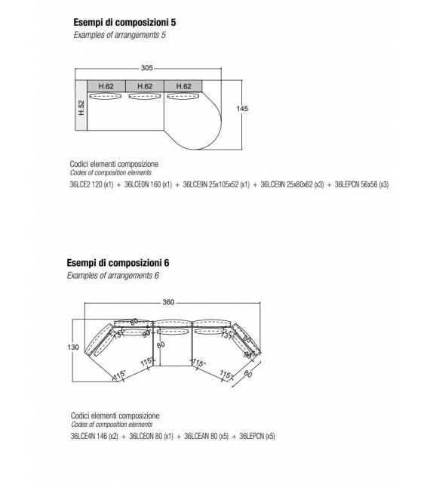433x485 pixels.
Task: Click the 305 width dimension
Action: (146, 67)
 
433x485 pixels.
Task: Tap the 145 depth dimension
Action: (241, 109)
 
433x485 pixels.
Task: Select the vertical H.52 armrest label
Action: (81, 109)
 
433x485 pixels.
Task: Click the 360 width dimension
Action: (168, 302)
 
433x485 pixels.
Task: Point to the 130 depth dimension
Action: (73, 347)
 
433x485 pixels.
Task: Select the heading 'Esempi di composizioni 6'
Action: (117, 263)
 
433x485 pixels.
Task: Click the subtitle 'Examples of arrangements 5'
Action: (119, 35)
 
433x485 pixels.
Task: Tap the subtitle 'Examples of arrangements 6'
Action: (112, 276)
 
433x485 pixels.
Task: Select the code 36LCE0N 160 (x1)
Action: (147, 184)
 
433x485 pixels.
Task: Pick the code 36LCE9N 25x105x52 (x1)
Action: (216, 184)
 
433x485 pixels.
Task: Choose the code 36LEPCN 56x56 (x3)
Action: (361, 184)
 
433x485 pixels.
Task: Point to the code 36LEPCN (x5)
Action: (257, 436)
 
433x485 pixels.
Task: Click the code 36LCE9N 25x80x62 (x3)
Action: (293, 184)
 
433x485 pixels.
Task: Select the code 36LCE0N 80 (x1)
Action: (151, 436)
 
